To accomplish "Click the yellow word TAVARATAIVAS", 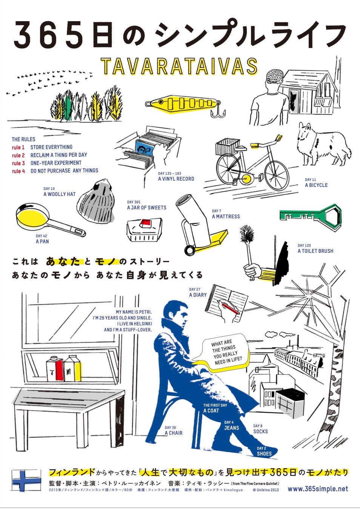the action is point(179,66).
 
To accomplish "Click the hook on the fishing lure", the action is point(218,112).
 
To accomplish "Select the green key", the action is point(311,215).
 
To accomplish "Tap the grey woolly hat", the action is point(96,202).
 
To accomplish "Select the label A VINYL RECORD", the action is point(176,179).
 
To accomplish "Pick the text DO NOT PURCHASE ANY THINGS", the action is point(65,171).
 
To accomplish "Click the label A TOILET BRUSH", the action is point(315,251).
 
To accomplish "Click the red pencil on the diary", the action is point(230,308).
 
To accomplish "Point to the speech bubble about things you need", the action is point(222,353).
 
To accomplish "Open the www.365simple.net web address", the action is point(317,489).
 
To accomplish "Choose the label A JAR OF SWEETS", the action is point(146,207).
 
